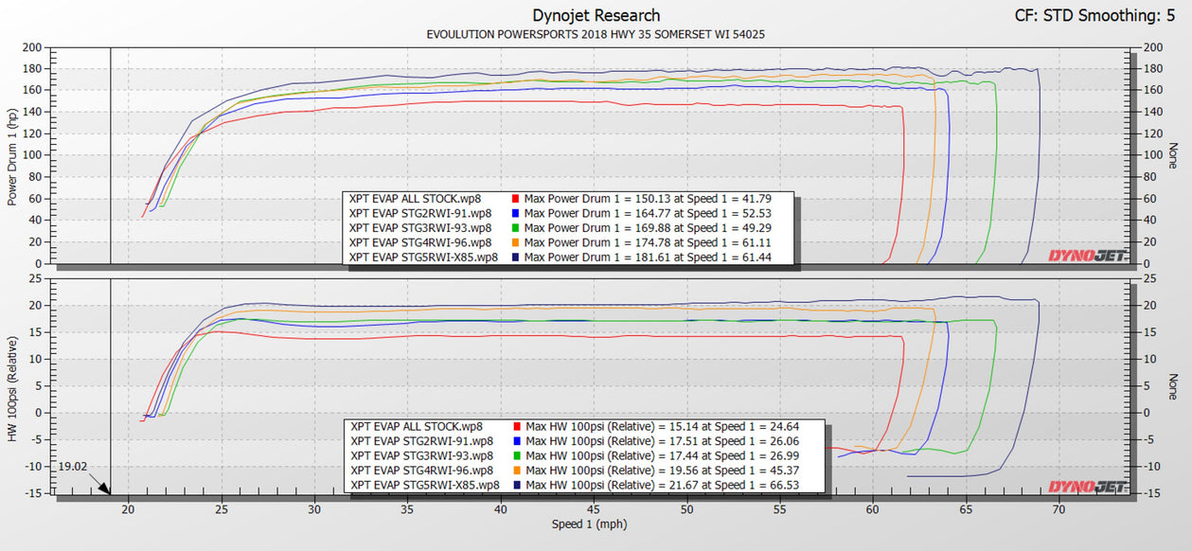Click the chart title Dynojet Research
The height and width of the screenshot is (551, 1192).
(x=596, y=15)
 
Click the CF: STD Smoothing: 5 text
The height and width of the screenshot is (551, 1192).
(x=1094, y=15)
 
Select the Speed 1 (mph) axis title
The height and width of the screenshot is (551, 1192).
(x=589, y=524)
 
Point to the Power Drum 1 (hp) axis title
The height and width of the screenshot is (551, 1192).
(x=12, y=157)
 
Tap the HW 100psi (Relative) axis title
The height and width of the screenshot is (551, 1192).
(x=12, y=388)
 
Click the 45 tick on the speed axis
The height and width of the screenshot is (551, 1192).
(x=594, y=509)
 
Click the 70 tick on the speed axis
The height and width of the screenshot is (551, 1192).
(x=1059, y=509)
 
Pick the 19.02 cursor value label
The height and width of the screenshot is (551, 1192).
(x=72, y=467)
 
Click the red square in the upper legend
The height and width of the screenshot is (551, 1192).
(x=515, y=199)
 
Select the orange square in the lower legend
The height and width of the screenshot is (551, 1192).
(x=517, y=471)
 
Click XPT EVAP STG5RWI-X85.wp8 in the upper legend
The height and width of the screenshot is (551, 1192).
(x=423, y=258)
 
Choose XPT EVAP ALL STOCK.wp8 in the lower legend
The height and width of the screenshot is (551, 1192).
(x=417, y=426)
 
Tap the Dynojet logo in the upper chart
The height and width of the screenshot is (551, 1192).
(x=1087, y=256)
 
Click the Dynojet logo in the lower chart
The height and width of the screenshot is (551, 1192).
(x=1087, y=488)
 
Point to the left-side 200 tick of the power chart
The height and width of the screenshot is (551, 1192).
(x=32, y=47)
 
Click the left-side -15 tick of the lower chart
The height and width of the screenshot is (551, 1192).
(x=33, y=493)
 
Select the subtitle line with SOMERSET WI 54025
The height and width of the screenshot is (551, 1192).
(x=596, y=35)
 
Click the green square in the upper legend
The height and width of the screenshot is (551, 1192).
(x=515, y=228)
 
